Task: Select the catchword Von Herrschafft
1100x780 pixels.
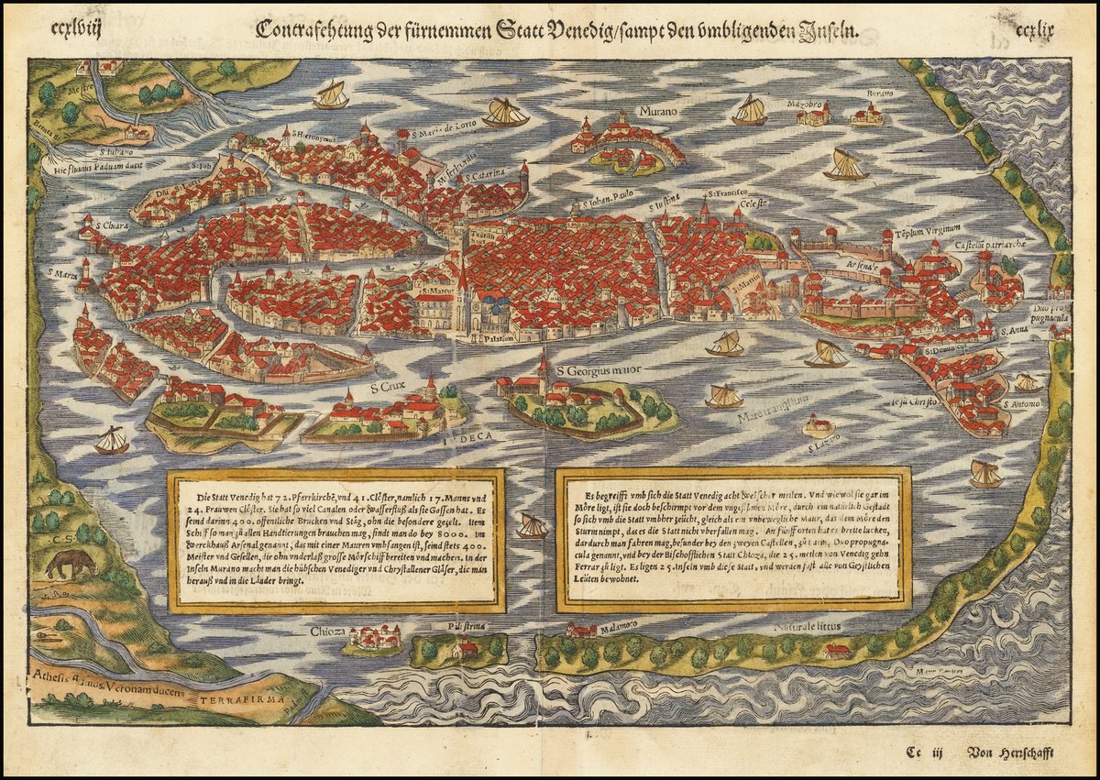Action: click(1010, 753)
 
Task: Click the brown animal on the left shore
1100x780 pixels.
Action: click(70, 563)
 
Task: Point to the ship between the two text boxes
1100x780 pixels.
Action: click(532, 526)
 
